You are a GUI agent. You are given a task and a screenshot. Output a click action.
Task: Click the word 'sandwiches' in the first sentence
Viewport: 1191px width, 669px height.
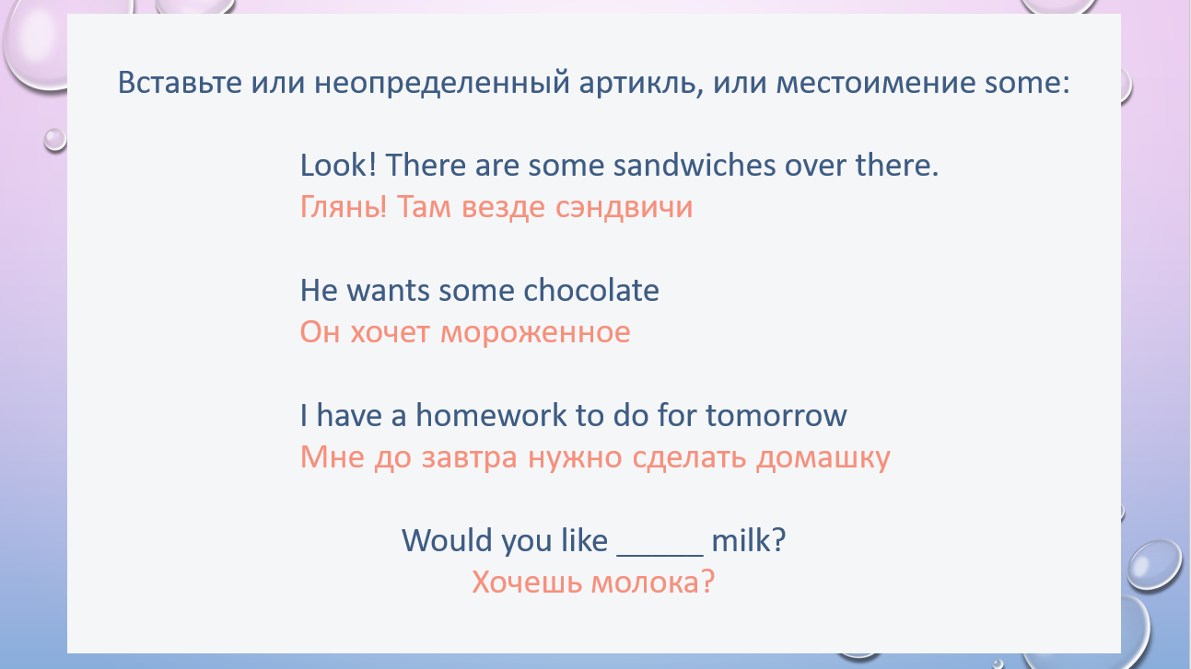click(695, 165)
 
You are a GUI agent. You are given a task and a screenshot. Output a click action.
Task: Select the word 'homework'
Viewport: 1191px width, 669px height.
click(491, 415)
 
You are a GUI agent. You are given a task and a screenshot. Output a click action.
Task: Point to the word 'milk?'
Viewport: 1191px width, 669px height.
click(749, 540)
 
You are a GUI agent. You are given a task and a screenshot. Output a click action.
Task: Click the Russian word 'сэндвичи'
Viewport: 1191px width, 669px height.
click(624, 207)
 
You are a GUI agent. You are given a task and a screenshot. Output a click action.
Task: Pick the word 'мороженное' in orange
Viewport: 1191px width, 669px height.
click(535, 333)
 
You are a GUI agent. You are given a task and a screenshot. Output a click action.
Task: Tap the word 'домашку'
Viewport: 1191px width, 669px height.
click(823, 458)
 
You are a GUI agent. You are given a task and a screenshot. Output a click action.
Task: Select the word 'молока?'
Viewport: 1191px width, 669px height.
click(653, 582)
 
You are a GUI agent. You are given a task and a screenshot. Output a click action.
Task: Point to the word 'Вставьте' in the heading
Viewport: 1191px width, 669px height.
click(180, 83)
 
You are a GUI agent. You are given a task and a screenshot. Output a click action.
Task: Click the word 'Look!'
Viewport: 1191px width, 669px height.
click(339, 165)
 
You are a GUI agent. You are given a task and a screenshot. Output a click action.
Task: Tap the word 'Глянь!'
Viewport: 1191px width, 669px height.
click(344, 207)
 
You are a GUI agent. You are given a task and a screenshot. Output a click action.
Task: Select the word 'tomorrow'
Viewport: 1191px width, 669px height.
click(776, 416)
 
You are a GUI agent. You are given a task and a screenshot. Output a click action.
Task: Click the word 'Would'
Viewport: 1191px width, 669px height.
click(447, 540)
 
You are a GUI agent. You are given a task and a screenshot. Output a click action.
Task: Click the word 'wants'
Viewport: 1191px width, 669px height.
click(388, 291)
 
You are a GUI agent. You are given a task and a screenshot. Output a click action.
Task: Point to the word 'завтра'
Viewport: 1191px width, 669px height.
click(469, 458)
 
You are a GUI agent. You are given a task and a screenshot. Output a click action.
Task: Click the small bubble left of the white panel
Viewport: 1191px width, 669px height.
click(54, 140)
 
